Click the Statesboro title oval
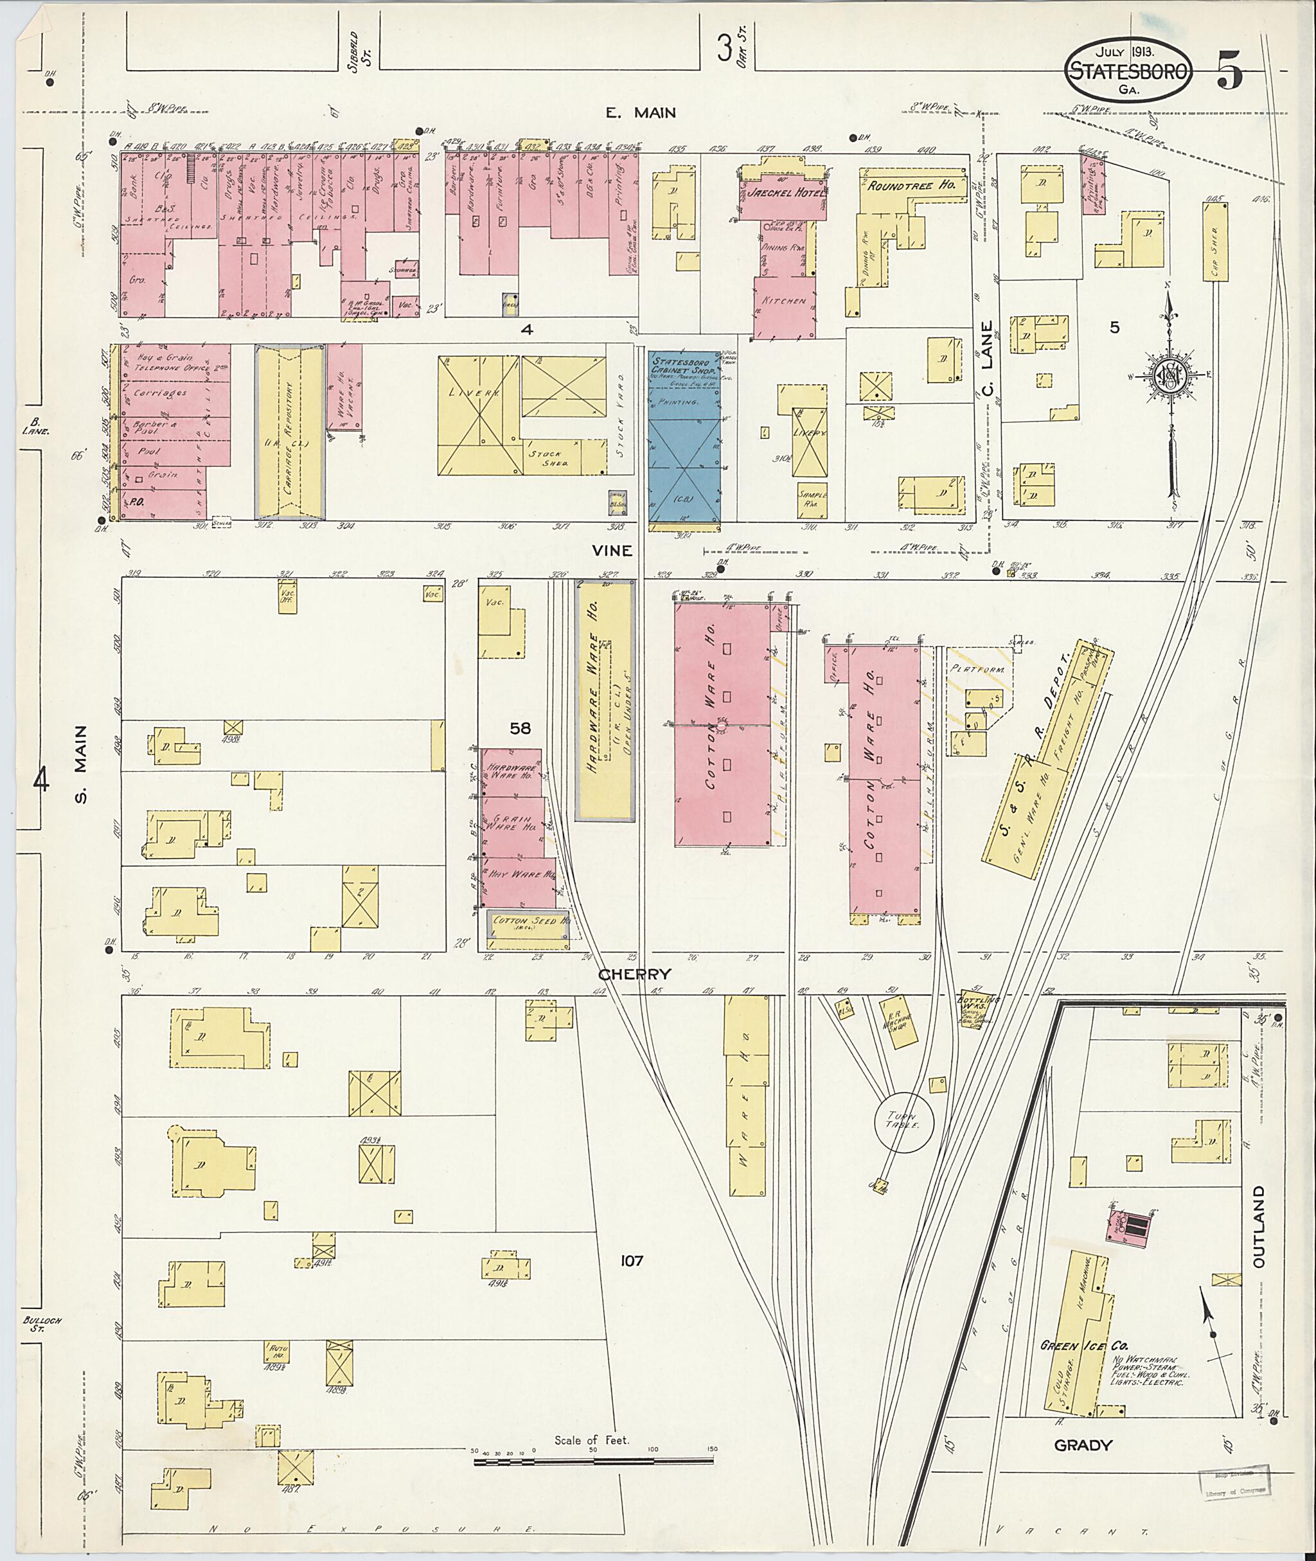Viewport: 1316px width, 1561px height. [1128, 71]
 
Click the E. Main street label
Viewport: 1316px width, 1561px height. [640, 112]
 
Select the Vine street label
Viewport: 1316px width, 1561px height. [612, 550]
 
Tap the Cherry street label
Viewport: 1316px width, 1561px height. [634, 974]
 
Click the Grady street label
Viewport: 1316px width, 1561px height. [1083, 1445]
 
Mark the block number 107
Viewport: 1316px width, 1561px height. [631, 1261]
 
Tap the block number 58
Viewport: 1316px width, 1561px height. [520, 727]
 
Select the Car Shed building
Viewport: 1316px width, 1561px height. [1215, 241]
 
